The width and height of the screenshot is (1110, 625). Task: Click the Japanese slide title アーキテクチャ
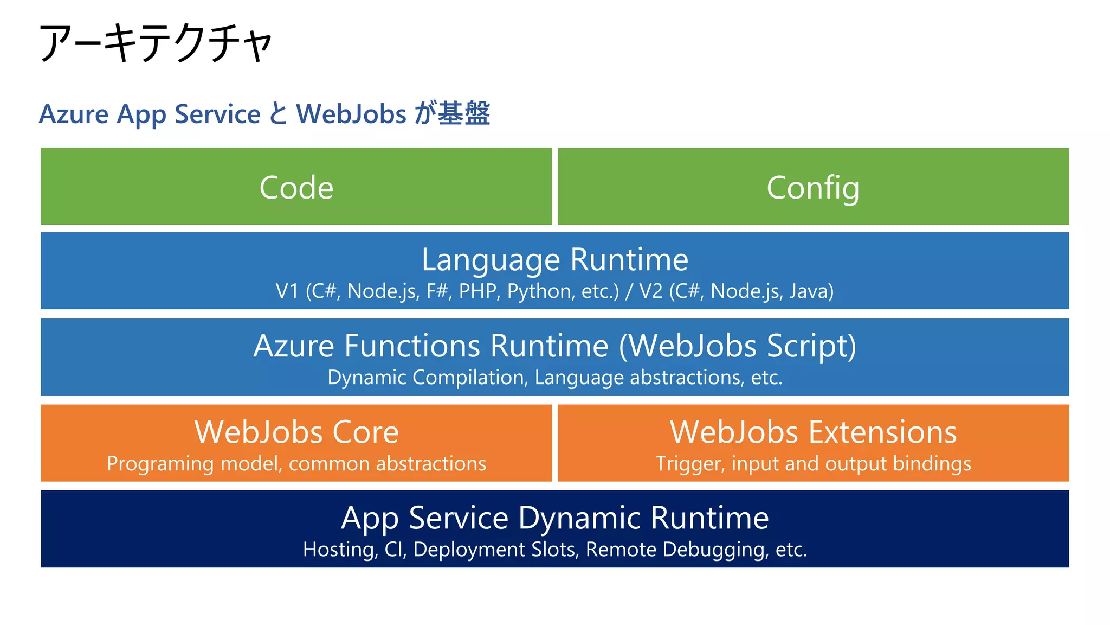click(x=156, y=43)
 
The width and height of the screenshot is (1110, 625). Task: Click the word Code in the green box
click(x=296, y=188)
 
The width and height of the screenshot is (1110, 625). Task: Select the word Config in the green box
click(x=812, y=188)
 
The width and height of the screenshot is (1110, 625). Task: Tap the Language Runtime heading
click(x=554, y=259)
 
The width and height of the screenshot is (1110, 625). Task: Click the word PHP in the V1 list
click(x=477, y=291)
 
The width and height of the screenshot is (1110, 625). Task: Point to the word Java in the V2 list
click(x=811, y=291)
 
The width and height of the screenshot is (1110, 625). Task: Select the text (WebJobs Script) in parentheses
click(x=738, y=346)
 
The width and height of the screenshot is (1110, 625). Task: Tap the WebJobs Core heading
click(x=296, y=432)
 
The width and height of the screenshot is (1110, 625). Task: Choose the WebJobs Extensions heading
click(x=812, y=432)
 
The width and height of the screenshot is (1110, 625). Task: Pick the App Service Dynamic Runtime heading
click(x=554, y=518)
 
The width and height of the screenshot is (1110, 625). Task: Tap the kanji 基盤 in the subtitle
click(x=464, y=113)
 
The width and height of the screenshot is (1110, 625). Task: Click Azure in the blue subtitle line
click(x=74, y=114)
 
